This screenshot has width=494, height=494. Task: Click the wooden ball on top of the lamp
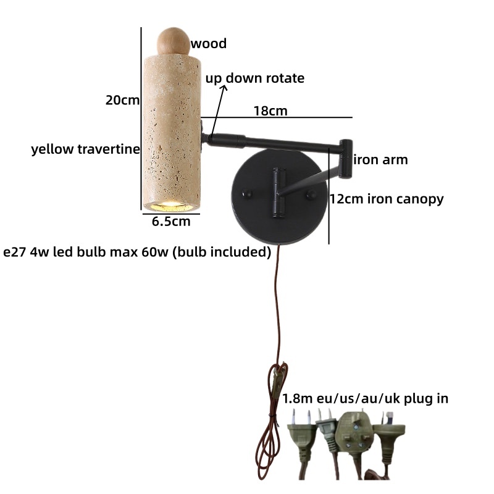click(x=174, y=41)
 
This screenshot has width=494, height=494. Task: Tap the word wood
click(x=209, y=43)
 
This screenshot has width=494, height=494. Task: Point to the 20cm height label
click(x=122, y=100)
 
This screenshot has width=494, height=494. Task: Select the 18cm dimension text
click(x=270, y=111)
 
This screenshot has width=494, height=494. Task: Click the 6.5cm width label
click(x=171, y=222)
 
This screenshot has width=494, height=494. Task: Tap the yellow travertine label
click(x=85, y=149)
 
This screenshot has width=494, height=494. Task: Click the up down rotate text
click(x=255, y=78)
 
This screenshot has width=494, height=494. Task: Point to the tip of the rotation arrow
click(x=225, y=86)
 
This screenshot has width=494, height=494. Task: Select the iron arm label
click(x=380, y=160)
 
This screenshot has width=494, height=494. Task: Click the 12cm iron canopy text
click(x=387, y=199)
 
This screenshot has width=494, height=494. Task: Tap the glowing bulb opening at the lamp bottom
click(x=172, y=207)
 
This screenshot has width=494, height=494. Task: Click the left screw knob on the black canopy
click(x=247, y=194)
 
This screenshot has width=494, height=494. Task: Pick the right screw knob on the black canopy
click(x=312, y=195)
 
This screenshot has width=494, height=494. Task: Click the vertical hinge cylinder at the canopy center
click(x=279, y=193)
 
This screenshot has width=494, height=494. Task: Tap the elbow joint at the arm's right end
click(x=346, y=159)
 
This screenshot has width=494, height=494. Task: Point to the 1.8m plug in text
click(x=365, y=398)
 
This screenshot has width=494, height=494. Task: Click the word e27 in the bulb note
click(x=14, y=252)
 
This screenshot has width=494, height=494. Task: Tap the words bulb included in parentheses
click(x=222, y=252)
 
